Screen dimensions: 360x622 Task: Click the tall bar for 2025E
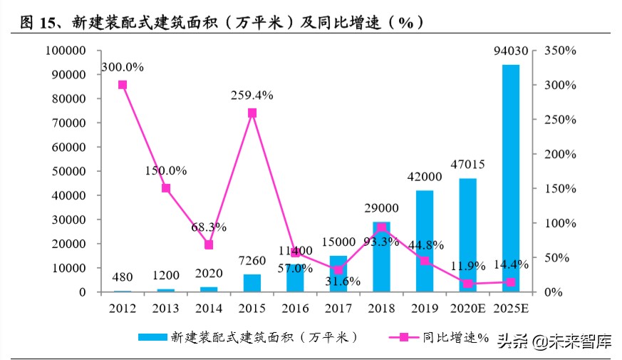point(510,178)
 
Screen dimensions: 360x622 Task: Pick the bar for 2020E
point(467,235)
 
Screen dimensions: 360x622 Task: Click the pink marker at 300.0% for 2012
point(123,85)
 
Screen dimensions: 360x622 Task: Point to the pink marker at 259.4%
point(252,113)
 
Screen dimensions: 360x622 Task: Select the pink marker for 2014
point(209,245)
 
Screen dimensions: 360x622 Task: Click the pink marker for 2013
point(166,188)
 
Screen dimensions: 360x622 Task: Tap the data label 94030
point(511,51)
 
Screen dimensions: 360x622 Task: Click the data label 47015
point(467,165)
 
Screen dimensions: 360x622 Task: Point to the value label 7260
point(252,261)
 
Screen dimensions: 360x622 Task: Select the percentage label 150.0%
point(166,171)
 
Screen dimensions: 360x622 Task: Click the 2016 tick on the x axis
point(295,309)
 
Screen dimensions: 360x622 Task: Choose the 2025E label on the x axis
point(510,309)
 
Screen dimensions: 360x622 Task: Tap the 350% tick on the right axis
point(559,51)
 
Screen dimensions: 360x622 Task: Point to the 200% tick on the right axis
point(559,154)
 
